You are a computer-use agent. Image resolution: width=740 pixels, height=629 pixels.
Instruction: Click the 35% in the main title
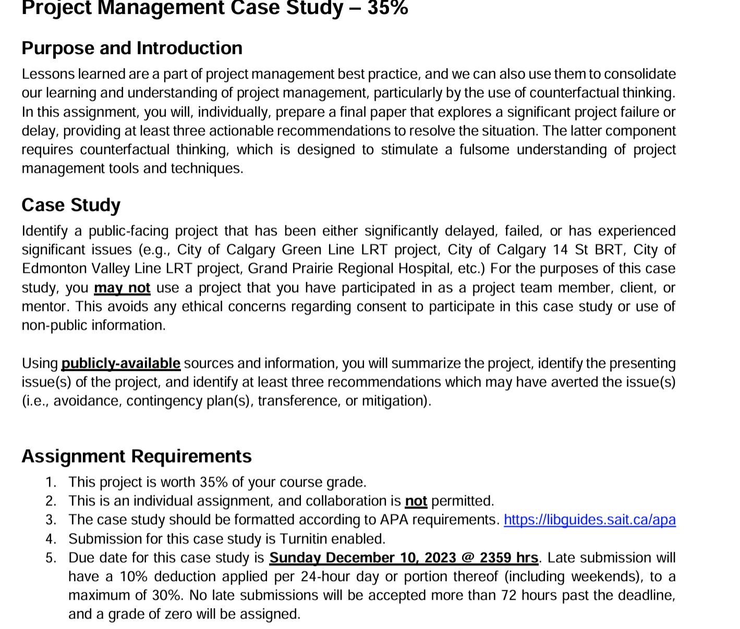point(387,8)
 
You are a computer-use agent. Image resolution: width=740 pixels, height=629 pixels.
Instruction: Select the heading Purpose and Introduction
point(132,48)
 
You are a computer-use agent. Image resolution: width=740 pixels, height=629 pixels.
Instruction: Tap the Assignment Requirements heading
point(136,456)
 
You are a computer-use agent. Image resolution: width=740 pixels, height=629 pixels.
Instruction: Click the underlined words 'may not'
point(122,288)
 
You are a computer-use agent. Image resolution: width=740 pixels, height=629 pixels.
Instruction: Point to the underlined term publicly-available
point(120,363)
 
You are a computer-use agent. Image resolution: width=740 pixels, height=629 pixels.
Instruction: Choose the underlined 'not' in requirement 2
point(416,501)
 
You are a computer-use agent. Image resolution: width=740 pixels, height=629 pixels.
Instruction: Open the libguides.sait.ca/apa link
point(589,520)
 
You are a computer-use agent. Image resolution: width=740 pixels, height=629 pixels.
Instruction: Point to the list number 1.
point(51,482)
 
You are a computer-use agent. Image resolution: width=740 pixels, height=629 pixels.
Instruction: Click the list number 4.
point(51,539)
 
